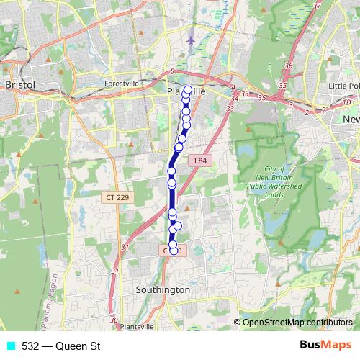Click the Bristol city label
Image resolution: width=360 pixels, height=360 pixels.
click(19, 84)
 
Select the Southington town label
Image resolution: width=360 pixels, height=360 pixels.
click(163, 289)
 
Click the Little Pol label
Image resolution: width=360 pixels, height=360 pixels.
click(344, 85)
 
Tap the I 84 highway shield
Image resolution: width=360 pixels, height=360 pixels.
click(199, 160)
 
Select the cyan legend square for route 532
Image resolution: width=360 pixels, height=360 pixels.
click(10, 346)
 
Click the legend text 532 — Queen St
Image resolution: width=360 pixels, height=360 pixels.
click(60, 346)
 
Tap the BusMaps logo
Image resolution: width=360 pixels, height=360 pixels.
click(323, 346)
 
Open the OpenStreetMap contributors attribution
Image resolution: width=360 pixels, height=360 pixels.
click(297, 322)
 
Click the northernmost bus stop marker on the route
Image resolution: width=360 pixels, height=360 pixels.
click(188, 90)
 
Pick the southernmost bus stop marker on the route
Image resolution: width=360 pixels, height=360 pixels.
click(173, 251)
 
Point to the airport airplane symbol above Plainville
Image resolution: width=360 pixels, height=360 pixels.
click(190, 40)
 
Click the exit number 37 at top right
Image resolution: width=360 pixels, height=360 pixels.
click(318, 6)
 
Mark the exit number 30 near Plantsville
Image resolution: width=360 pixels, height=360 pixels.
click(113, 319)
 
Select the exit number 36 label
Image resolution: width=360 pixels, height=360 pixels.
click(289, 66)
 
